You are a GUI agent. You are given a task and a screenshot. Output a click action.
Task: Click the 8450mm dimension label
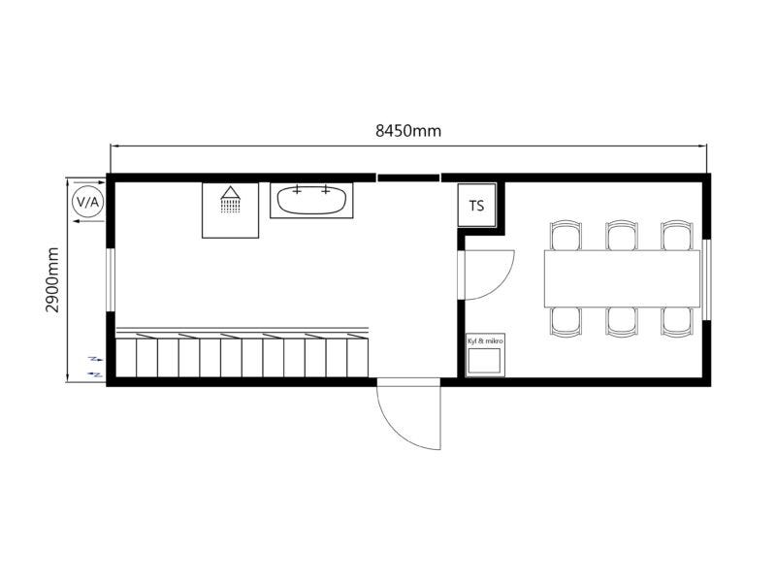point(408,131)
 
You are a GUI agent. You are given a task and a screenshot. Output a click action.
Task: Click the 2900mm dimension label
point(52,279)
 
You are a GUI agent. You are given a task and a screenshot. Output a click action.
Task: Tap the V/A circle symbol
point(88,202)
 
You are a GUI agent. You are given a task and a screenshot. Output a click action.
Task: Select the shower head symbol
point(230,200)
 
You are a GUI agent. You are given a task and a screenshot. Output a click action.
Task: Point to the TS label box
point(476,206)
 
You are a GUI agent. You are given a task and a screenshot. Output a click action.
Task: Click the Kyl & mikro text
point(485,341)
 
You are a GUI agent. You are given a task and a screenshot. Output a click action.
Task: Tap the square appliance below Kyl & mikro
point(484,360)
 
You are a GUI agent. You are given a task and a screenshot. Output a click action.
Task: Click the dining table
point(622,278)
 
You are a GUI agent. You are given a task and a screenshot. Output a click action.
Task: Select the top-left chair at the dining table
point(566,236)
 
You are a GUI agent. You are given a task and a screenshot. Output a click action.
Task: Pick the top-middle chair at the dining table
point(622,236)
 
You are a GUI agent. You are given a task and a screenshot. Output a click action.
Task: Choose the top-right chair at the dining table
point(677,236)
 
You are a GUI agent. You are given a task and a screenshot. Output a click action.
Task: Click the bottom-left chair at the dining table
point(566,322)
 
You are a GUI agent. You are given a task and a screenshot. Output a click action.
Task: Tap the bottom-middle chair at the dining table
point(622,322)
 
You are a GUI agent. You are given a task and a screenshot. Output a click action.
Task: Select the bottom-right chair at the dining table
point(677,322)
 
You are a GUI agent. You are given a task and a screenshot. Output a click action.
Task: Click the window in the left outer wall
point(111,279)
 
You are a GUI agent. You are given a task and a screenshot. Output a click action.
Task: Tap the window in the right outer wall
point(707,279)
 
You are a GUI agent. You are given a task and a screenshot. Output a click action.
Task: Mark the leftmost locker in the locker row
point(126,357)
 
